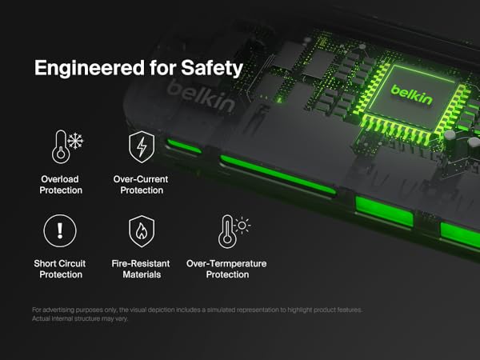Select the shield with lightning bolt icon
[142, 147]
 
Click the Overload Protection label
[60, 185]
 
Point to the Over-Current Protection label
[142, 185]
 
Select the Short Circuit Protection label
[60, 269]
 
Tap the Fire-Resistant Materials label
[142, 269]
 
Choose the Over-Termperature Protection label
[226, 269]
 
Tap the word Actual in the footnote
[42, 318]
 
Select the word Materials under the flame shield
[142, 274]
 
